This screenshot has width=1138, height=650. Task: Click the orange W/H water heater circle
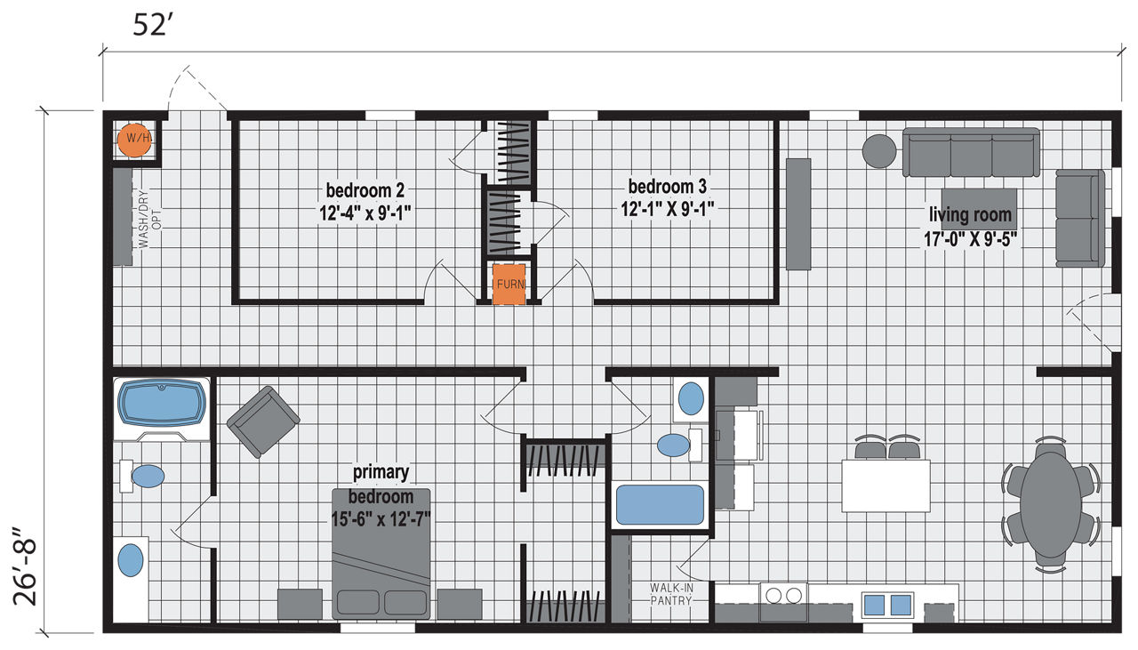[134, 140]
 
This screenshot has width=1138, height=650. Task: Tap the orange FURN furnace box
[509, 284]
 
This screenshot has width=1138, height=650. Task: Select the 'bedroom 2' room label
[365, 190]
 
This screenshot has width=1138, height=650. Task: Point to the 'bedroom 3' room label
[667, 187]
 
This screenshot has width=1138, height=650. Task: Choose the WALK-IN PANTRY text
[671, 594]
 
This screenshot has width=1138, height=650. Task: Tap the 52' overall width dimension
[149, 25]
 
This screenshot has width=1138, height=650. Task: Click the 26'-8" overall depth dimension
[26, 566]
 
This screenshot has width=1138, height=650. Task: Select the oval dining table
[1051, 505]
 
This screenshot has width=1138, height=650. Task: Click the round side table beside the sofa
[879, 151]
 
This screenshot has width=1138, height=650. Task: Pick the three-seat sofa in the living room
[971, 152]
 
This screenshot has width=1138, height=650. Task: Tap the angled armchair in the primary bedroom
[263, 421]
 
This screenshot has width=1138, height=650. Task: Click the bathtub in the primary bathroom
[162, 403]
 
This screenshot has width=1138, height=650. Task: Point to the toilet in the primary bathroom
[142, 477]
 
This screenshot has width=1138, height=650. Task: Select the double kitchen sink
[887, 605]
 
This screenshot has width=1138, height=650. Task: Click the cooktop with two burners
[783, 601]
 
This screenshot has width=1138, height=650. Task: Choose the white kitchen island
[886, 485]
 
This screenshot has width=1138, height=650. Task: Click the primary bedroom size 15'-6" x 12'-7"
[381, 519]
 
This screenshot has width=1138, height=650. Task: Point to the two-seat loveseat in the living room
[1079, 219]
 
